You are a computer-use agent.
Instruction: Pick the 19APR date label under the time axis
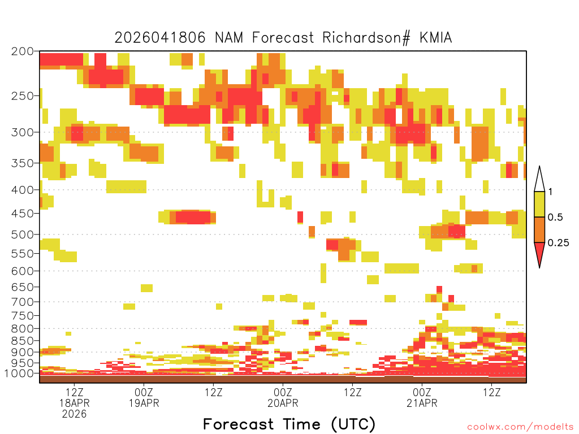tap(144, 403)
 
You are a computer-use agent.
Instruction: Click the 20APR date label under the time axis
tap(283, 403)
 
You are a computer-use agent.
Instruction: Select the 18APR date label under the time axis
tap(75, 403)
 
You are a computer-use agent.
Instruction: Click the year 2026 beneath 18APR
tap(75, 414)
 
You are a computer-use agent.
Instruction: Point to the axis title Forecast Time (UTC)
tap(289, 424)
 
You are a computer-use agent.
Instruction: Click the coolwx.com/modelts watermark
tap(520, 427)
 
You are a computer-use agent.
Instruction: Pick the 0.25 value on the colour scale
tap(558, 243)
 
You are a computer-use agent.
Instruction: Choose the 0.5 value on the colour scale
tap(555, 218)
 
